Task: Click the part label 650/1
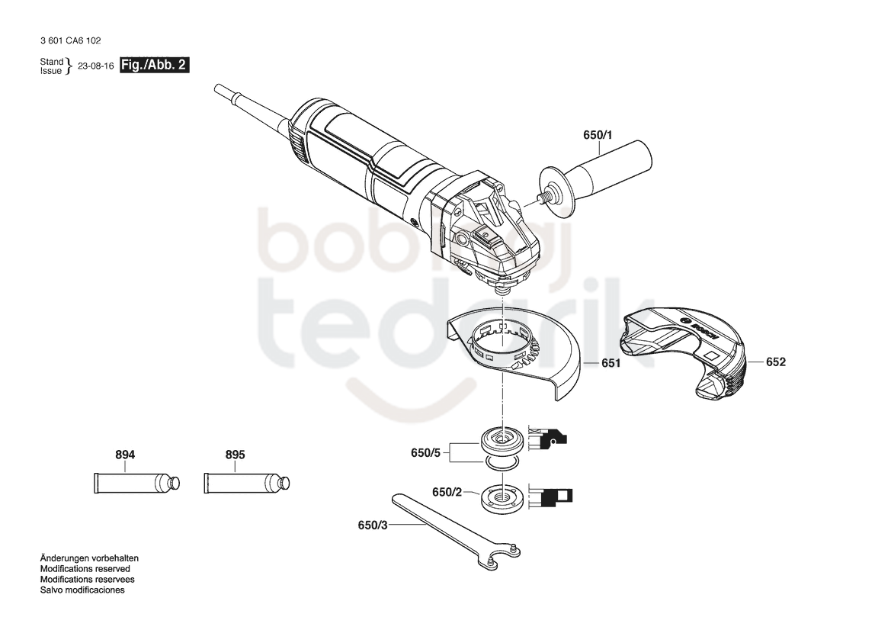coord(598,135)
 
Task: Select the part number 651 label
coord(611,363)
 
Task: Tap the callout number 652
coord(776,362)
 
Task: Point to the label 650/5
coord(425,452)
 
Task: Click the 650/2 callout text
coord(447,492)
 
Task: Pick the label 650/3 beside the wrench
coord(373,526)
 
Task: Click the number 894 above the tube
coord(125,455)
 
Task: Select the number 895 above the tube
coord(236,455)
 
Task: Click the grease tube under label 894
coord(137,484)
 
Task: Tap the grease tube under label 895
coord(247,484)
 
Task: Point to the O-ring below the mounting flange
coord(501,464)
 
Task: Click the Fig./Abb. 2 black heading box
coord(155,65)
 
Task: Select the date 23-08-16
coord(95,66)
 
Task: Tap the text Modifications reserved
coord(85,568)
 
